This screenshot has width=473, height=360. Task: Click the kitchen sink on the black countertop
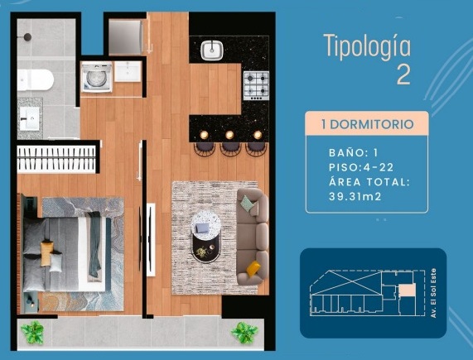(212, 50)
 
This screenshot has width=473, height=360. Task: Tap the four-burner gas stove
(256, 86)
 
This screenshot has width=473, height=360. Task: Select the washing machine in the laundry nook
(97, 77)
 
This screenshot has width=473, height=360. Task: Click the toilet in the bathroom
(36, 80)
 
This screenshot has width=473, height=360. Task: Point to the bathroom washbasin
(29, 118)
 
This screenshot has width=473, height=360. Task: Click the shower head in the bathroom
(27, 37)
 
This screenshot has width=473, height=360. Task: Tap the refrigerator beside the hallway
(125, 37)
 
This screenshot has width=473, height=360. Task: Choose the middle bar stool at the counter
(230, 148)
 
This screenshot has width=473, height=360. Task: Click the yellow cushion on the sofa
(253, 269)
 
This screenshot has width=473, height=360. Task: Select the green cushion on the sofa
(247, 204)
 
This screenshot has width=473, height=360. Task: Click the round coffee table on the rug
(206, 237)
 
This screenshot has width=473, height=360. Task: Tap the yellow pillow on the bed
(46, 253)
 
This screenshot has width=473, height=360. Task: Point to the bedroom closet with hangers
(56, 159)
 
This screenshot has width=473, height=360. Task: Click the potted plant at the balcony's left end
(33, 333)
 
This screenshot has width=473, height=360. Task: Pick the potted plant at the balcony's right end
(244, 333)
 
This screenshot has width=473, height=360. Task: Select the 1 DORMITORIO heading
(367, 124)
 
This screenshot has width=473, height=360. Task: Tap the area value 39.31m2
(355, 197)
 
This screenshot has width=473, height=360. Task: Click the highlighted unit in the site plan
(408, 290)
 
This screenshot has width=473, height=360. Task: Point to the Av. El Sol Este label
(434, 293)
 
